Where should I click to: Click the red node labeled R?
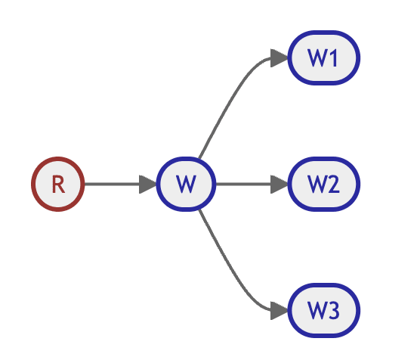coord(58,185)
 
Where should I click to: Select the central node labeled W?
coord(186,185)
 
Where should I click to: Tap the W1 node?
coord(324,58)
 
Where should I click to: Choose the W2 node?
coord(324,185)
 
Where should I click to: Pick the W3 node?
coord(324,311)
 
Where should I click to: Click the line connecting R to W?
coord(112,185)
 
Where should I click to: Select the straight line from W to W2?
coord(243,185)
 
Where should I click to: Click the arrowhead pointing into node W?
coord(148,185)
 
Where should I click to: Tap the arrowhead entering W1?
coord(280,58)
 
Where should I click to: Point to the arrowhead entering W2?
coord(280,185)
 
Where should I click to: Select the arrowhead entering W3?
coord(280,311)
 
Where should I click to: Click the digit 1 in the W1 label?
coord(334,58)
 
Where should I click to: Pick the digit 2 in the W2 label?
coord(334,185)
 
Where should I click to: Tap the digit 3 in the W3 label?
coord(334,311)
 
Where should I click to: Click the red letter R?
coord(58,185)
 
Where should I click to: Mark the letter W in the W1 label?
coord(317,58)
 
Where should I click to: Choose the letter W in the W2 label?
coord(317,185)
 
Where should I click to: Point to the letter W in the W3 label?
coord(317,311)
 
